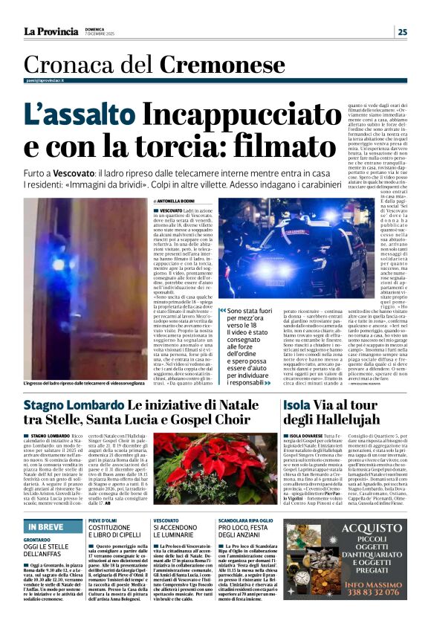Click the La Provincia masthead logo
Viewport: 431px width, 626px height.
coord(51,31)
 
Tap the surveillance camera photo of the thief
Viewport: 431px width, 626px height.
coord(83,286)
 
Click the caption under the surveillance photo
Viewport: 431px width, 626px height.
coord(83,383)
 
